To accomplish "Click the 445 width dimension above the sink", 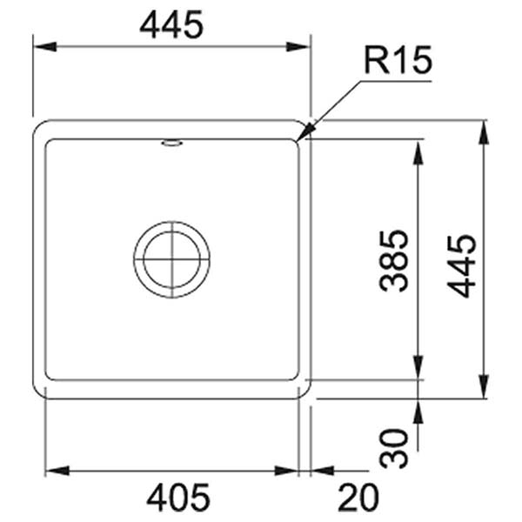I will [x=171, y=25].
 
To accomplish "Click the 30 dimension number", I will [x=394, y=447].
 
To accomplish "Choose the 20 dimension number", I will [x=358, y=498].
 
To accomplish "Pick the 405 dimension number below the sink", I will [x=177, y=498].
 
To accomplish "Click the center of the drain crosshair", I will [x=171, y=259].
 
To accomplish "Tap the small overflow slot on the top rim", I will [x=171, y=142].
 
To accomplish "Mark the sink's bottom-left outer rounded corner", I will [x=38, y=392].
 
